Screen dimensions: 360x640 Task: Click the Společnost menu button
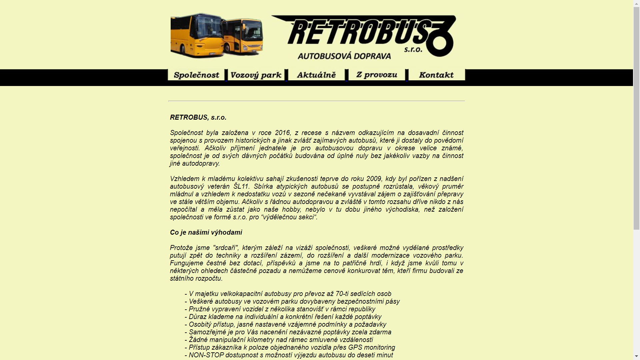pos(196,75)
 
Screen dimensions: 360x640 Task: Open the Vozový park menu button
pos(256,75)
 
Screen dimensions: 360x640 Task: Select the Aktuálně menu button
pos(316,75)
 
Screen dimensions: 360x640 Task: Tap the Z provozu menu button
pos(377,75)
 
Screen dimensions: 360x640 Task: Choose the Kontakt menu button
pos(436,75)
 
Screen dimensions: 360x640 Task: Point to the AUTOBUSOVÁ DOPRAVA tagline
pos(344,56)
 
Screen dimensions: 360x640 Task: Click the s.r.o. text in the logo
pos(413,50)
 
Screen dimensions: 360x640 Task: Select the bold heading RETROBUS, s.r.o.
pos(198,117)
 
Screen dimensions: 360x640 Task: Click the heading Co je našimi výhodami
pos(206,232)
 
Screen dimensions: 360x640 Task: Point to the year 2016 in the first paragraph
pos(282,133)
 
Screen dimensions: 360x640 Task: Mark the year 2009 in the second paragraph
pos(374,179)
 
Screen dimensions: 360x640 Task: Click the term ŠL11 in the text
pos(241,186)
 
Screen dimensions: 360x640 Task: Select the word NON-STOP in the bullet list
pos(206,355)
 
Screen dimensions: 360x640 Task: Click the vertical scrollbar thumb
pos(636,117)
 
